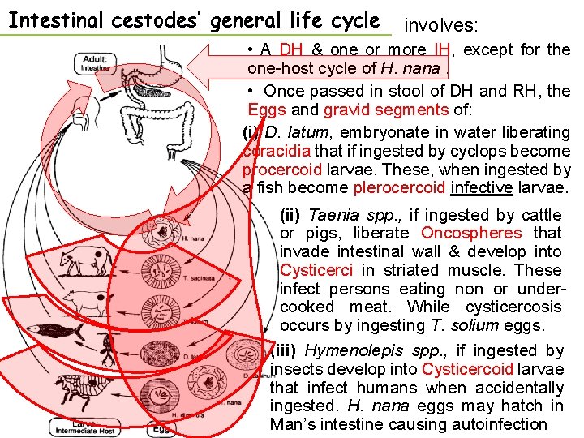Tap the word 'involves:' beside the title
(x=442, y=25)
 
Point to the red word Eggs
(x=266, y=110)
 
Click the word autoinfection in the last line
(x=496, y=424)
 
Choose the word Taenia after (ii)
(x=331, y=215)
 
